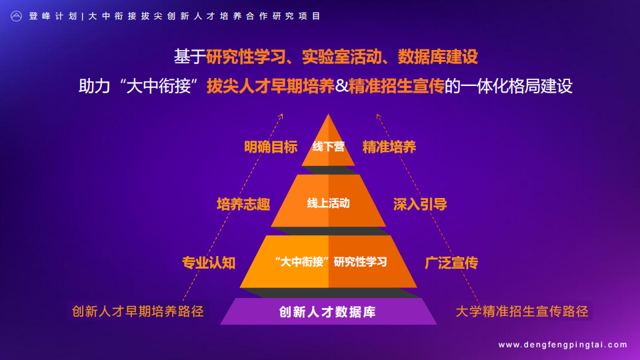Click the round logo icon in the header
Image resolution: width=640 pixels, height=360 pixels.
(x=16, y=16)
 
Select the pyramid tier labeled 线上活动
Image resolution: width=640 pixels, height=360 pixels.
(x=328, y=201)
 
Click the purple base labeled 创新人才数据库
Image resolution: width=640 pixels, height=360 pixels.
(x=328, y=311)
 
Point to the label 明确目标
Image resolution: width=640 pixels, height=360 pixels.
(x=271, y=147)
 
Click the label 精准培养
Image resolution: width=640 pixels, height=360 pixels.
(x=389, y=147)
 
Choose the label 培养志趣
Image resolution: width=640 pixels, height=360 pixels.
(x=243, y=204)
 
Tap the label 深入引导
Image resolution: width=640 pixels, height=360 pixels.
(x=420, y=204)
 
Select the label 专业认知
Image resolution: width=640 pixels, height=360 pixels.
(x=209, y=263)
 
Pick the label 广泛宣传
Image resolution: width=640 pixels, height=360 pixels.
(x=451, y=263)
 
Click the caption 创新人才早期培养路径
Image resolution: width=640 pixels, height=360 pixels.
(x=138, y=311)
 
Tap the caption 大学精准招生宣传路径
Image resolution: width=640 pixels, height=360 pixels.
(x=522, y=311)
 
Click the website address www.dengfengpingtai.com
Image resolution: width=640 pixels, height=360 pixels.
(x=563, y=345)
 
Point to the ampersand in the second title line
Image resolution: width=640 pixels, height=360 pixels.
(x=341, y=86)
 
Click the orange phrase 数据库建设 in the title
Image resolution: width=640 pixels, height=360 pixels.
(x=438, y=57)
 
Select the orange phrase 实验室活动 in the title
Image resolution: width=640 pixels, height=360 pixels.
(x=342, y=57)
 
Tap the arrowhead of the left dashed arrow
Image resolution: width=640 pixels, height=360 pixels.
(x=281, y=116)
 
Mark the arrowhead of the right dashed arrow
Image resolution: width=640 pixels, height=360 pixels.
(x=378, y=116)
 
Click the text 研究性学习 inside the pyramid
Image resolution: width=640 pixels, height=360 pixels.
(x=361, y=261)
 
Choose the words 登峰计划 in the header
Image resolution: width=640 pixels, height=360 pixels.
(x=53, y=16)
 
